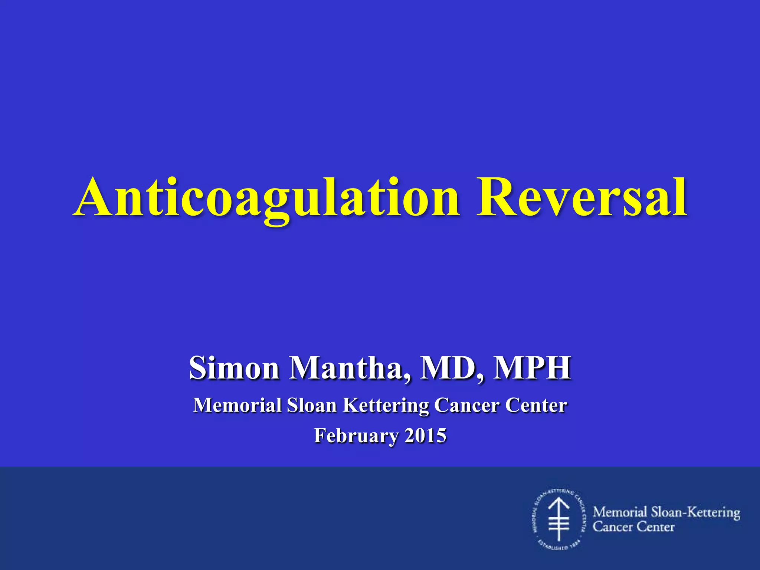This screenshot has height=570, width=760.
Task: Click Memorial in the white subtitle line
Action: pyautogui.click(x=237, y=405)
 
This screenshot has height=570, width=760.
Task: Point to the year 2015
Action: pyautogui.click(x=425, y=435)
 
